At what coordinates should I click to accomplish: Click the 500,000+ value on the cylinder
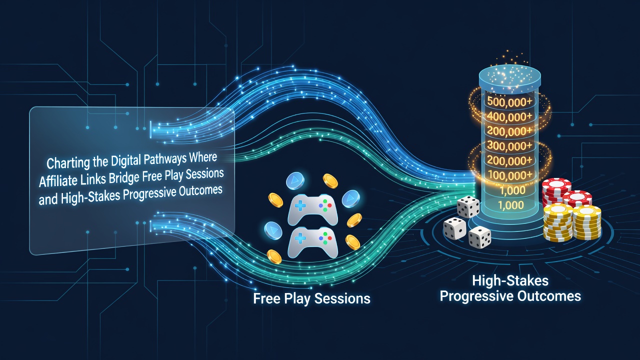(509, 102)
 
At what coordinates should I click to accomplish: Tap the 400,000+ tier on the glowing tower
(509, 116)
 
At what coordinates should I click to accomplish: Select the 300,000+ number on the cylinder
(509, 145)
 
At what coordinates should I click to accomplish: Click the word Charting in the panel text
(68, 163)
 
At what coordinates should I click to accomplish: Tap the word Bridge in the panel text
(124, 177)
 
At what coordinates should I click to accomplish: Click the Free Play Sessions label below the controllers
(311, 299)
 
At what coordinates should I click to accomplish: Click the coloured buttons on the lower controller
(325, 238)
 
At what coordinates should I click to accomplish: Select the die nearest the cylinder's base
(468, 206)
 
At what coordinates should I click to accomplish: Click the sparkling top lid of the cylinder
(509, 77)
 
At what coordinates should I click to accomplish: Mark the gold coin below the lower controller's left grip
(274, 256)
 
